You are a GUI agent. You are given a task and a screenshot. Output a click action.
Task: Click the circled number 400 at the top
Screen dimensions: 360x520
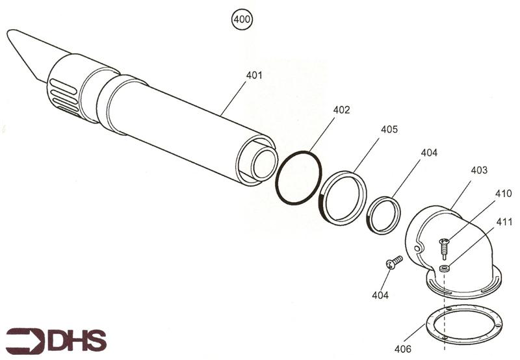242,19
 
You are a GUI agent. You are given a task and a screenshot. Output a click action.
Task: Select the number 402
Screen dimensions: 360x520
341,110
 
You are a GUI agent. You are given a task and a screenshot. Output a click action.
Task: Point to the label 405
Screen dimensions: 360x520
389,129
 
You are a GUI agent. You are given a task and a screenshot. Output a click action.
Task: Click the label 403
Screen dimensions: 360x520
478,170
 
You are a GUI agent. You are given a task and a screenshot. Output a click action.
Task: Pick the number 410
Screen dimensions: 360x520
503,194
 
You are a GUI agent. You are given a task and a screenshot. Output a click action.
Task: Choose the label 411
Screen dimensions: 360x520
503,222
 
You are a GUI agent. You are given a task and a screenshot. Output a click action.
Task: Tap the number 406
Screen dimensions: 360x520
402,349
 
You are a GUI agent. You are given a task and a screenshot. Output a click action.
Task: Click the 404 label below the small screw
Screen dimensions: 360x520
380,296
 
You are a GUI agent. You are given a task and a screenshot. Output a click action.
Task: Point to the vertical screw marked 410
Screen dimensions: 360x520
444,246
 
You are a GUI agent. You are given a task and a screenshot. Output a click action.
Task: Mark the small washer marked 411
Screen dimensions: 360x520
444,268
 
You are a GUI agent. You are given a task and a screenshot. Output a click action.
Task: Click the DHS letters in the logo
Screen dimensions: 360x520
77,341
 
